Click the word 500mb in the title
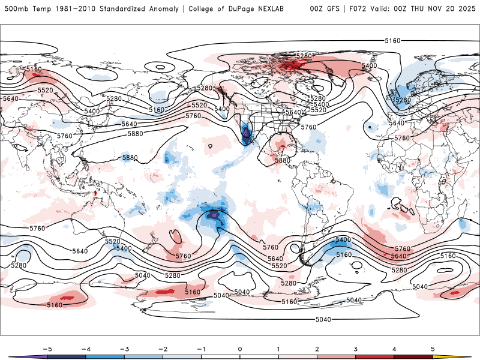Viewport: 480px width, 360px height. pyautogui.click(x=14, y=8)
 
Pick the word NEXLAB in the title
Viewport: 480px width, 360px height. pyautogui.click(x=286, y=8)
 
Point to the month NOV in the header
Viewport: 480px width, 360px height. pyautogui.click(x=444, y=8)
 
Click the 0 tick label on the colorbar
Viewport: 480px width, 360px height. pyautogui.click(x=240, y=348)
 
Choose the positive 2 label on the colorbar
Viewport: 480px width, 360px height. pyautogui.click(x=317, y=348)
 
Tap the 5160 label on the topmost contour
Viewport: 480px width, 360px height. pyautogui.click(x=392, y=41)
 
